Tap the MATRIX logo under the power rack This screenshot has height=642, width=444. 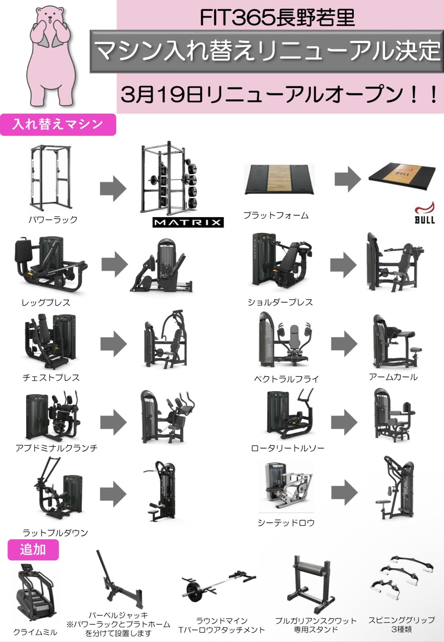point(188,222)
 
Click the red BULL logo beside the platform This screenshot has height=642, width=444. point(424,212)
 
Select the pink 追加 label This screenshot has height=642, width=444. point(33,549)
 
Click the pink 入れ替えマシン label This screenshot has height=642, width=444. point(58,125)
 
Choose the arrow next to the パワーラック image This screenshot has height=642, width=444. point(113,189)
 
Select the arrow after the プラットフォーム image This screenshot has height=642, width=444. point(348,179)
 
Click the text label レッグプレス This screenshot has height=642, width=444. point(46,303)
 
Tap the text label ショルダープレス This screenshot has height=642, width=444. point(280,302)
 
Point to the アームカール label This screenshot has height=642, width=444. point(393,377)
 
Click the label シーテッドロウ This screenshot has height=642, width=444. point(286,523)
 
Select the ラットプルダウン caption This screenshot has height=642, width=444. point(55,533)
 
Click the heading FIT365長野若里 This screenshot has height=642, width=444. point(277,18)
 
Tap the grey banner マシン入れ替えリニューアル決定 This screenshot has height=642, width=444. point(267,51)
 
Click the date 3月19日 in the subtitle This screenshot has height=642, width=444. point(162,94)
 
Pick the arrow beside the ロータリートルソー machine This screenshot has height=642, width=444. point(344,422)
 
